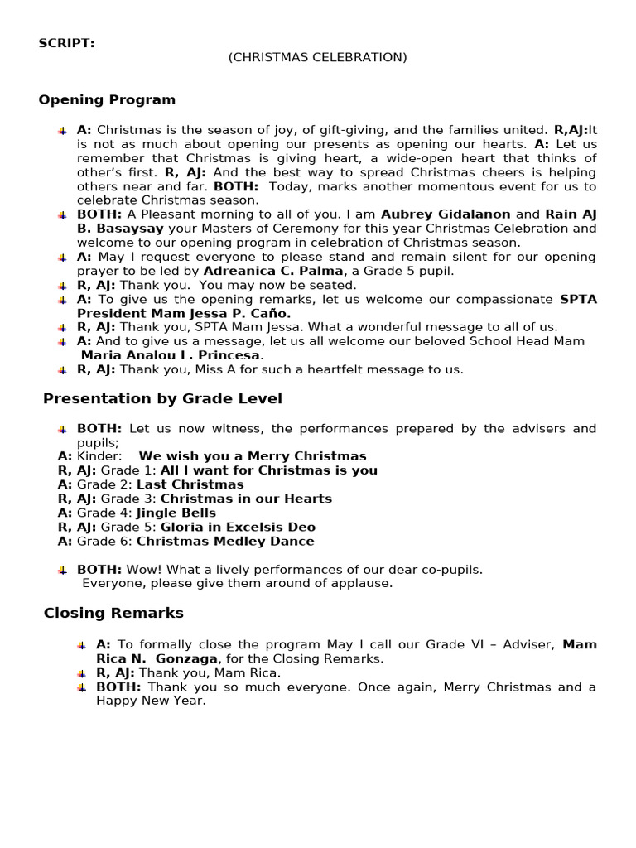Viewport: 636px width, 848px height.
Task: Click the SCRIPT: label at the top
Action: [66, 43]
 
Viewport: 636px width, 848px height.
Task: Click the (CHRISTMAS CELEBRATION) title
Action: [318, 57]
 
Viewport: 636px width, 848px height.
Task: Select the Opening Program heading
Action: [107, 99]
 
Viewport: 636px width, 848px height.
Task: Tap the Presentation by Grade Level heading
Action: [162, 398]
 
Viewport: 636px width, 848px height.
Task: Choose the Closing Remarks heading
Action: [113, 613]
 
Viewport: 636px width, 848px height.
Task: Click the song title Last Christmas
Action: [190, 484]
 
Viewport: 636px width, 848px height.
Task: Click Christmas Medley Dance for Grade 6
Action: [225, 541]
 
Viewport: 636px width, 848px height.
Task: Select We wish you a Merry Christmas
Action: [252, 456]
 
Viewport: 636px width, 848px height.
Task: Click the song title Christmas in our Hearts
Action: [246, 499]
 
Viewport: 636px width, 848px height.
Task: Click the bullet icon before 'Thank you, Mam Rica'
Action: [81, 673]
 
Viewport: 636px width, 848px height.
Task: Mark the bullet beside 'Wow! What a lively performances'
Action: [62, 570]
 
